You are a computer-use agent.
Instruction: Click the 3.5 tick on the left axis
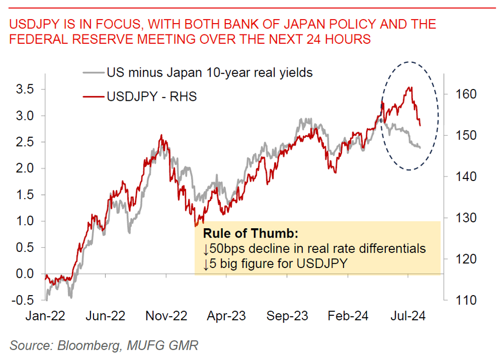pos(26,90)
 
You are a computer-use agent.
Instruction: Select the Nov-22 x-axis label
pos(166,316)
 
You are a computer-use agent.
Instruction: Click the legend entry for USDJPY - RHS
pos(152,96)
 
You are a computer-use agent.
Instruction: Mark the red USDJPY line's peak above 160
pos(410,88)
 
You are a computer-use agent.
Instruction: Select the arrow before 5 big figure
pos(206,264)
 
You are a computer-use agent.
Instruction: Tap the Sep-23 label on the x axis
pos(287,316)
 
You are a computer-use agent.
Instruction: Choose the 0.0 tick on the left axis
pos(26,273)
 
